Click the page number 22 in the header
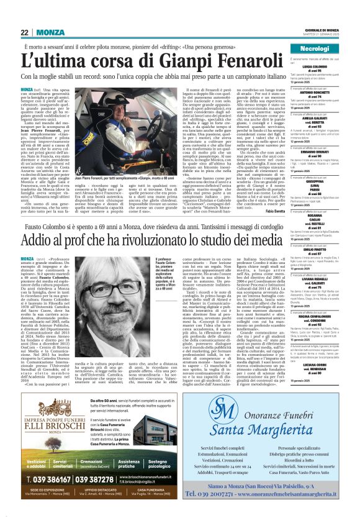(25, 32)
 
